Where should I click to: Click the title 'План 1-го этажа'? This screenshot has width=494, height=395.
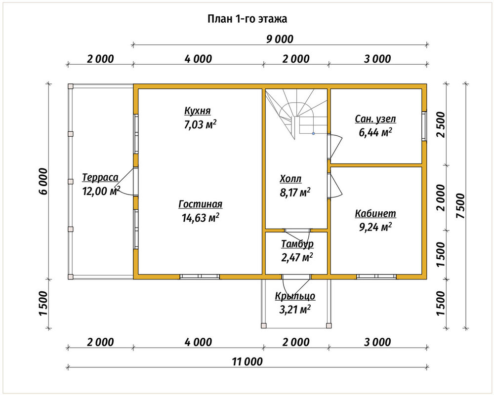247,19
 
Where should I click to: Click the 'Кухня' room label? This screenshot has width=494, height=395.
198,111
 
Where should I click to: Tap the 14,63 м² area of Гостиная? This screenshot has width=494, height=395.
201,218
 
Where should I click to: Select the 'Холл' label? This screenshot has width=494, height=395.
290,179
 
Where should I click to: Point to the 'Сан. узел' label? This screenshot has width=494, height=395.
375,119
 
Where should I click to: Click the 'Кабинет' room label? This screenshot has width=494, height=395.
375,214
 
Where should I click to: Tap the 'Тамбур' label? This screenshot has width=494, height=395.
297,244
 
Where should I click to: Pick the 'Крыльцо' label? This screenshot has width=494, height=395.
295,296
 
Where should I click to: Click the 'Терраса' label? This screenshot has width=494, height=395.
100,178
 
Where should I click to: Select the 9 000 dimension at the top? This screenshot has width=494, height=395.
280,39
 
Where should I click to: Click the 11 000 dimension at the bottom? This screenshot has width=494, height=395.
247,361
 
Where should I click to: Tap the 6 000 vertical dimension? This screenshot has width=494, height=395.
43,181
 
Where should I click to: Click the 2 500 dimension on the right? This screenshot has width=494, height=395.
441,124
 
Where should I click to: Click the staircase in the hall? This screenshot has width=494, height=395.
295,114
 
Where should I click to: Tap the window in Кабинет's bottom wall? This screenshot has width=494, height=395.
376,276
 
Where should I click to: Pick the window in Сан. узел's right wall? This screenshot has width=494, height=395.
424,126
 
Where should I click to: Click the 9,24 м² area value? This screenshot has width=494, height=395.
375,227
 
